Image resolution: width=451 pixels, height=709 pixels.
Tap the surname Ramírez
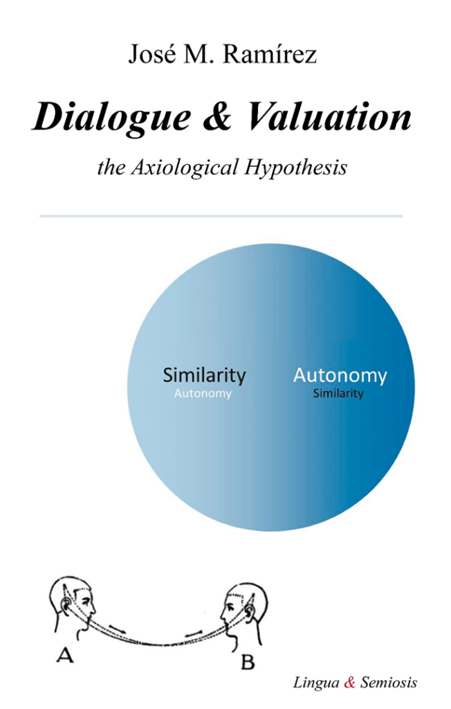click(x=270, y=54)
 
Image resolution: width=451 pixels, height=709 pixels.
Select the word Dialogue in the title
click(x=112, y=118)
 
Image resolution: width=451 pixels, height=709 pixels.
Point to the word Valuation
click(x=329, y=116)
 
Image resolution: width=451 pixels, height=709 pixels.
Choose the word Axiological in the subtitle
click(x=185, y=168)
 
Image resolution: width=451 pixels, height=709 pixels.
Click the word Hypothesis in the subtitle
click(x=296, y=168)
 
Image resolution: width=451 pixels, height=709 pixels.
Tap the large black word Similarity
click(x=204, y=376)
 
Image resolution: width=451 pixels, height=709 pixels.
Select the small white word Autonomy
click(x=203, y=394)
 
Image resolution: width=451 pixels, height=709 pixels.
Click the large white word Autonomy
click(x=340, y=376)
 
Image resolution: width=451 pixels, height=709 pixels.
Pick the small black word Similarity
click(x=338, y=393)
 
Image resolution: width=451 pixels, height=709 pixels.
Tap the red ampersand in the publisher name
click(x=350, y=682)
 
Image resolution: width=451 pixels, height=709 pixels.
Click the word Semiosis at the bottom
click(x=389, y=682)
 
